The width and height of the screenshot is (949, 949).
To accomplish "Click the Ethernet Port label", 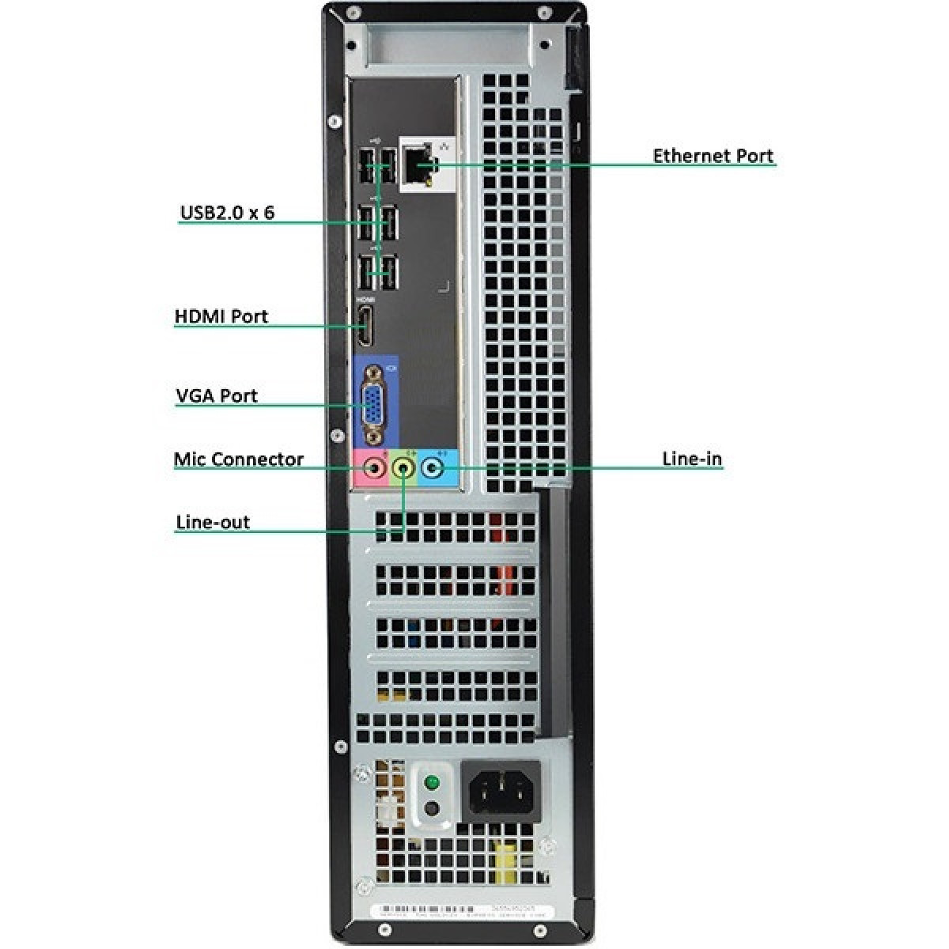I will [x=713, y=156].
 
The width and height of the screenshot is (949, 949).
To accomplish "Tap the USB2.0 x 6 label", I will [x=228, y=213].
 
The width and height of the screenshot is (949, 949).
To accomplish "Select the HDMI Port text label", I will [x=221, y=316].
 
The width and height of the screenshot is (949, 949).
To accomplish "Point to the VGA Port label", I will [x=217, y=395].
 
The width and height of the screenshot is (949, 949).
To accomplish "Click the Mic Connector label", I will [x=238, y=459].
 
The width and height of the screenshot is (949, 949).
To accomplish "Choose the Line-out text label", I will [x=213, y=522].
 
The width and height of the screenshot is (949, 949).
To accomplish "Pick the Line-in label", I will [x=691, y=459].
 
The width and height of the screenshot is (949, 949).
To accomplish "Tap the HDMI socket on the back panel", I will [x=366, y=328].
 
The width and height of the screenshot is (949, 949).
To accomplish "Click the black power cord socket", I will [x=501, y=790].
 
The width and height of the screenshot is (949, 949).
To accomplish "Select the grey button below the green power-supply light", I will [x=431, y=808].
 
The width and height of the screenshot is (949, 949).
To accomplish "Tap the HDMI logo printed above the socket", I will [x=365, y=301].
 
